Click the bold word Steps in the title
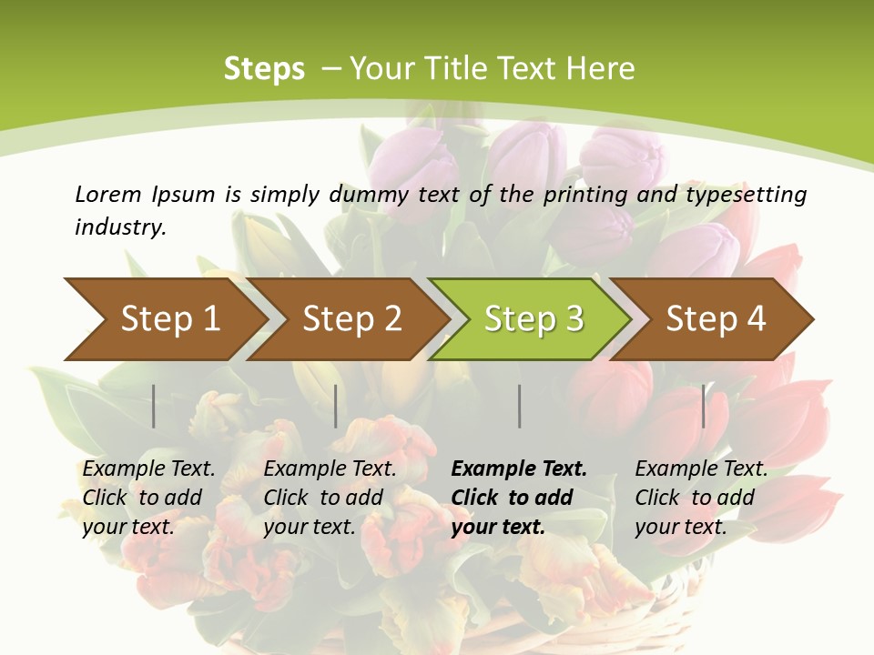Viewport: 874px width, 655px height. [264, 69]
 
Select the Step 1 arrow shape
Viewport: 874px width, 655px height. [164, 319]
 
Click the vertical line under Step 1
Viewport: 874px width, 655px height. [154, 406]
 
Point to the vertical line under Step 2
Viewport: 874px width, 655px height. [336, 406]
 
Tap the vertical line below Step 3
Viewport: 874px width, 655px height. [519, 406]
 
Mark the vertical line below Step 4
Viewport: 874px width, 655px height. [703, 406]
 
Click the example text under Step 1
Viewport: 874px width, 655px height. [148, 498]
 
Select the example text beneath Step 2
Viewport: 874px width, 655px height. [330, 498]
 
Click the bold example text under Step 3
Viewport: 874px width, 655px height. [519, 498]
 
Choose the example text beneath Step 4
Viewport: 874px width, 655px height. [701, 498]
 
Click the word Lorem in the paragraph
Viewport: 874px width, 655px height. [107, 195]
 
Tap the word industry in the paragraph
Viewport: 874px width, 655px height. [120, 227]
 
